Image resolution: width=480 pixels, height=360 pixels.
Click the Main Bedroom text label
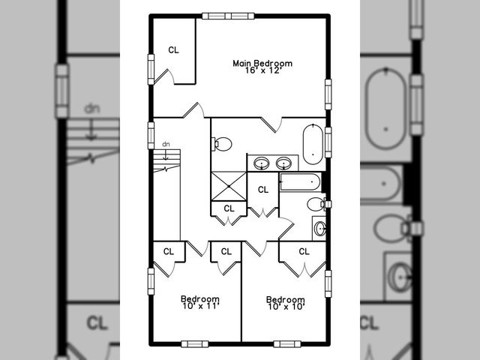click(262, 64)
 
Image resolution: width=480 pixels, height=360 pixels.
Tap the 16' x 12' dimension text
click(262, 71)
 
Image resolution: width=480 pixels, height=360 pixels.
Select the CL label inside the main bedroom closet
click(174, 50)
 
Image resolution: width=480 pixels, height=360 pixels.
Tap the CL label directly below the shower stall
click(229, 208)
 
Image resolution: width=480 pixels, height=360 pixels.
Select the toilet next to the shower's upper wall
click(222, 143)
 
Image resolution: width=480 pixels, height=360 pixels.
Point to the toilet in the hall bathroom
click(316, 204)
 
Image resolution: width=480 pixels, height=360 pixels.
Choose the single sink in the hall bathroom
click(319, 228)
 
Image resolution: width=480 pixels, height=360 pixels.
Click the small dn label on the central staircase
click(166, 143)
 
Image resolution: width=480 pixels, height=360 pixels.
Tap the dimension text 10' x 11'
click(200, 306)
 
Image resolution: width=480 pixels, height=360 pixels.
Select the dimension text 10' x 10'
click(286, 306)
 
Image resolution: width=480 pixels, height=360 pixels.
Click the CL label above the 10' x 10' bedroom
click(304, 251)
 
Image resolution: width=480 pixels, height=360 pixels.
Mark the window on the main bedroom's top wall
click(227, 15)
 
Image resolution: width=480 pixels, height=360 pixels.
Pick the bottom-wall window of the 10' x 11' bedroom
click(194, 343)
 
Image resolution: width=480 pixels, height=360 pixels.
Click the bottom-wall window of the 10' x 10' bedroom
click(286, 343)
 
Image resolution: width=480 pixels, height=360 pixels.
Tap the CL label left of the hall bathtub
click(263, 190)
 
